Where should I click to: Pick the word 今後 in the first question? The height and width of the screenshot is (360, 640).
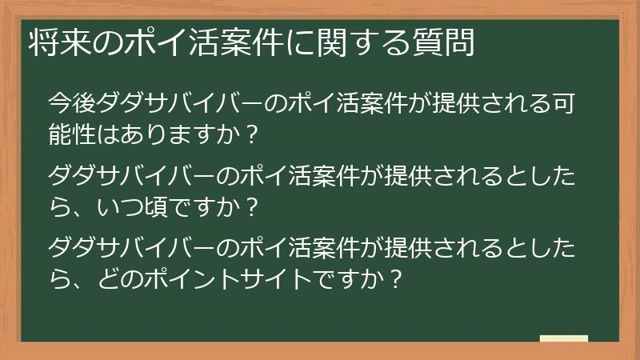[x=73, y=104]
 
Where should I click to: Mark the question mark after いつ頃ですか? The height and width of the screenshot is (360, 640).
[x=251, y=207]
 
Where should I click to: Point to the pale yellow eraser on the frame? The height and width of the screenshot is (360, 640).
[x=565, y=340]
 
